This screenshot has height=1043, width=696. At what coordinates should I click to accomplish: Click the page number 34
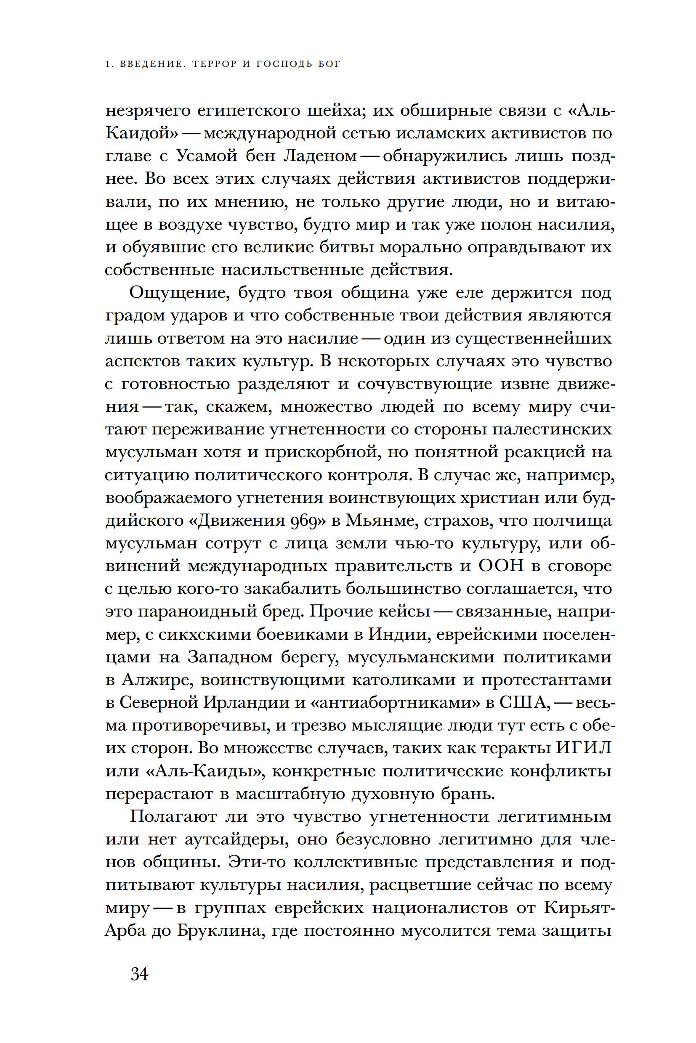[x=139, y=975]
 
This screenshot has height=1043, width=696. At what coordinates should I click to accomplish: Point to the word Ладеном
[x=320, y=156]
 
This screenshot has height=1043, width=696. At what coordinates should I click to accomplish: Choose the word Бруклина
[x=221, y=930]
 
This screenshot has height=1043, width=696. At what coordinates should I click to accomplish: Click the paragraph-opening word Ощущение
[x=180, y=293]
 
